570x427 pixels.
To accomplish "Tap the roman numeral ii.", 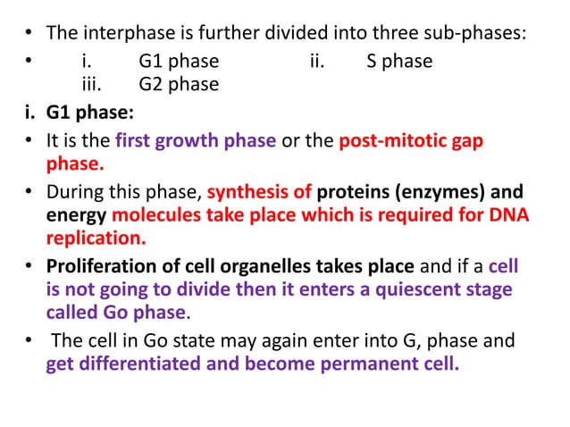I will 317,62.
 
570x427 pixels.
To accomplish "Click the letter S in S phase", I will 372,62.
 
